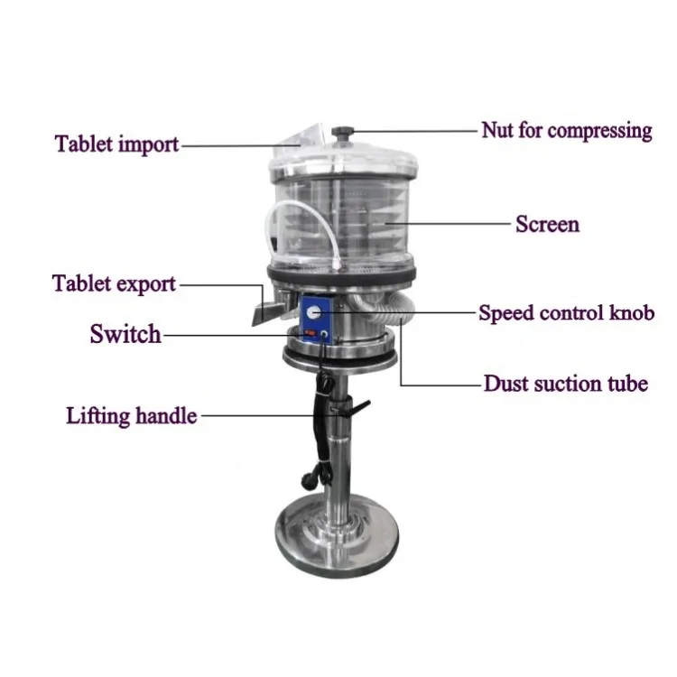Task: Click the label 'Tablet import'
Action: click(116, 144)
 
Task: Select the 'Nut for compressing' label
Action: click(566, 131)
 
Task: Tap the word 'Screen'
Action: click(547, 223)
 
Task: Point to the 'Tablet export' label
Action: click(114, 284)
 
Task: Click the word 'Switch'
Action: click(125, 334)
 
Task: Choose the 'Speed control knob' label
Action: click(566, 314)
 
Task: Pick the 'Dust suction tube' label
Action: click(565, 384)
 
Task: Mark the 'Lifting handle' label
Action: click(131, 416)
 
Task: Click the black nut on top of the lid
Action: click(343, 134)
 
